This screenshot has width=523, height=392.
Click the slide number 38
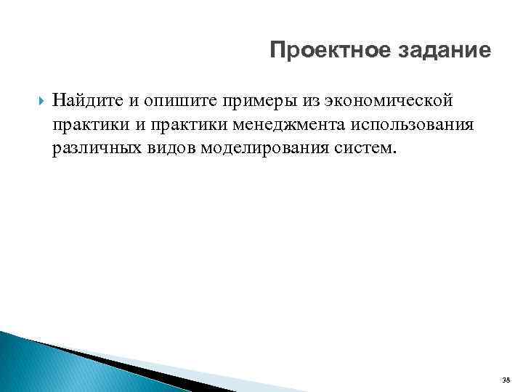point(505,379)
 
